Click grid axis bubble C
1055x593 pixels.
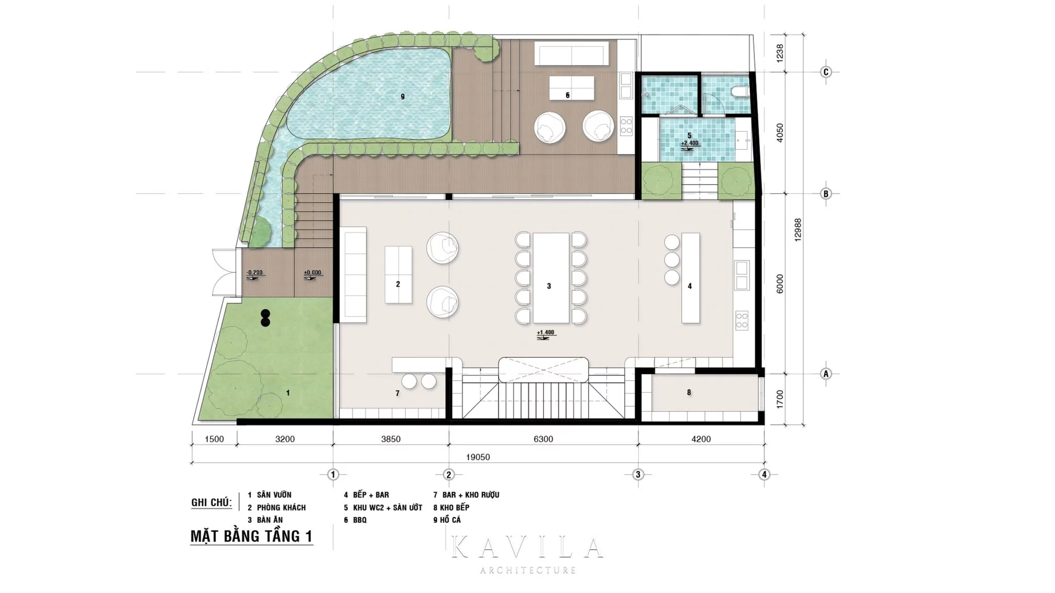point(826,72)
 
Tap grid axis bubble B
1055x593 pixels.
point(826,194)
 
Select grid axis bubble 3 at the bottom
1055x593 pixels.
point(638,474)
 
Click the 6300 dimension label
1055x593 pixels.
point(543,439)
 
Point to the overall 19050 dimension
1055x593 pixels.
point(478,457)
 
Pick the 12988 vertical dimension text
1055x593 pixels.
point(798,230)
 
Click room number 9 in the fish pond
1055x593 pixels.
point(403,96)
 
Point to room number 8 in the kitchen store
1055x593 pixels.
point(689,392)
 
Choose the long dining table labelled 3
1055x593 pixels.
point(551,278)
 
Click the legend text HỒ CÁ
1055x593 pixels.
point(450,520)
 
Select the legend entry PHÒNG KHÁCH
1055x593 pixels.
point(281,508)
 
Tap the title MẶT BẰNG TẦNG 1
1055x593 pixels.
point(251,536)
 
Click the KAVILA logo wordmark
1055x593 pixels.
point(527,547)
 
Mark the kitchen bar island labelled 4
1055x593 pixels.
point(691,278)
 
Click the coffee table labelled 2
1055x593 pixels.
point(398,274)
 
